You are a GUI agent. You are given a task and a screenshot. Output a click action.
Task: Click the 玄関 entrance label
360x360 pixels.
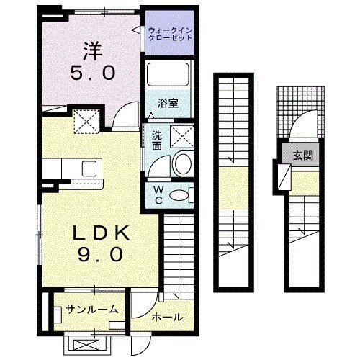coord(302,155)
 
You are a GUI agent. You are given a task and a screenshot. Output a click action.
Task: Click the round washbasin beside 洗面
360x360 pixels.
coord(182,164)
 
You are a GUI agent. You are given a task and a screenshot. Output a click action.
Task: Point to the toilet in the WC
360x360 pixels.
coord(183,194)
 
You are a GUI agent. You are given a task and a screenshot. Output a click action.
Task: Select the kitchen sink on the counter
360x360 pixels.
coord(89,169)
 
